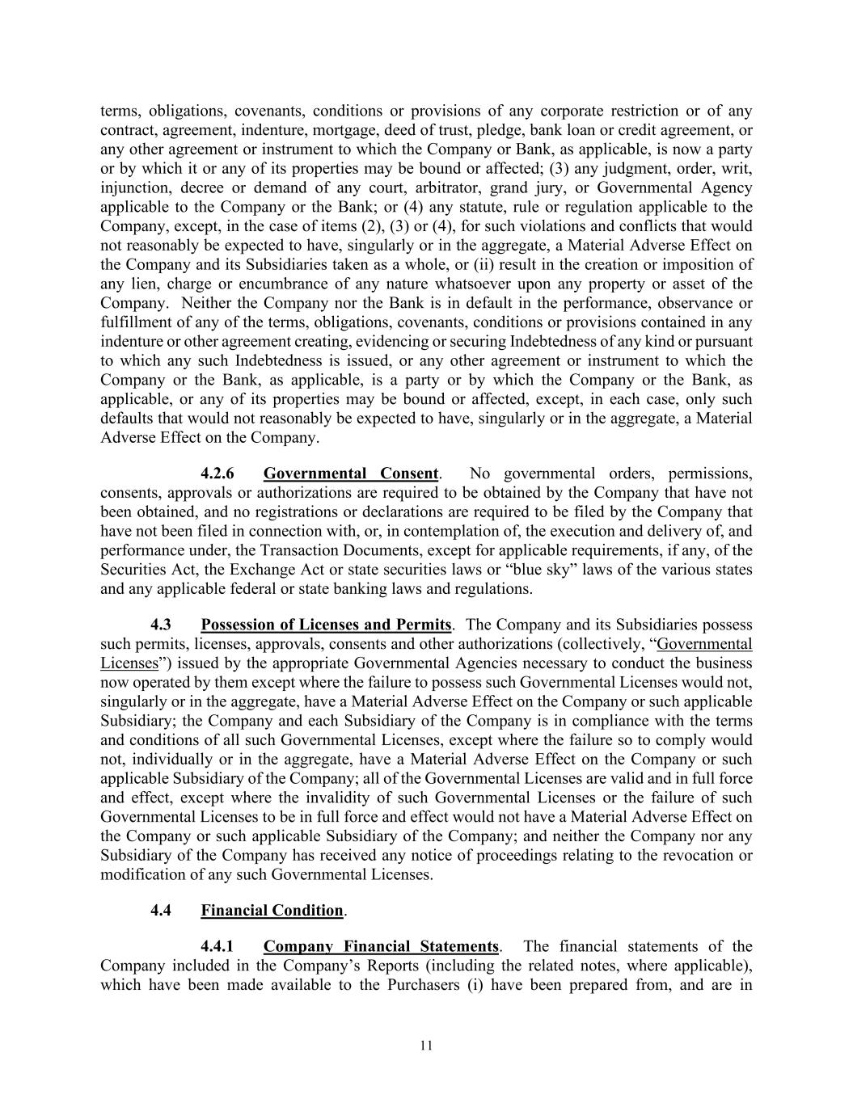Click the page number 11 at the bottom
426,1046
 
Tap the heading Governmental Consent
351,474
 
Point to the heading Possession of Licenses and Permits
326,625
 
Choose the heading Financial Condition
272,911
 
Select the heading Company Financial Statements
381,946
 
